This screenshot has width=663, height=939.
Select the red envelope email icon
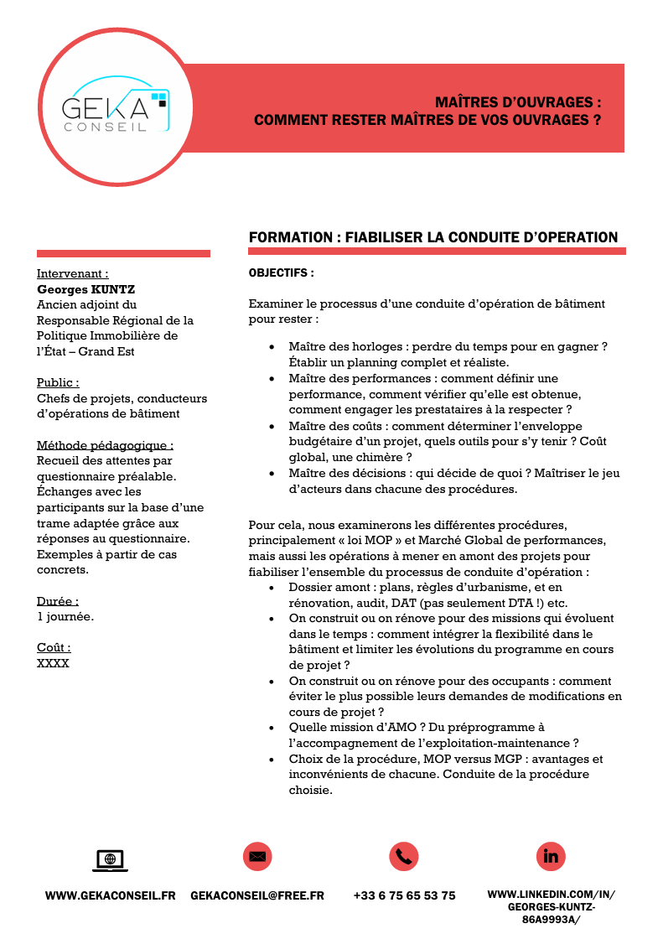click(257, 856)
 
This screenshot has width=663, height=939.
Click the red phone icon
click(404, 856)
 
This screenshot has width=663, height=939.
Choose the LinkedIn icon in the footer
click(551, 856)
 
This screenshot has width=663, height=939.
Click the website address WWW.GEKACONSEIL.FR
click(110, 895)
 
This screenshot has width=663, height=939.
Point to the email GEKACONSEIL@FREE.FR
click(257, 895)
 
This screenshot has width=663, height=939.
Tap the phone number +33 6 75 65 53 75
click(404, 895)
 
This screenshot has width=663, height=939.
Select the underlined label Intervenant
click(72, 273)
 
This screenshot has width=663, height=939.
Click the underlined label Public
click(58, 382)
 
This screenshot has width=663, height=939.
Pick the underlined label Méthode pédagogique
click(106, 444)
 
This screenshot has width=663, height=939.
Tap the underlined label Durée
click(58, 601)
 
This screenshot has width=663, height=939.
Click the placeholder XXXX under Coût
click(53, 663)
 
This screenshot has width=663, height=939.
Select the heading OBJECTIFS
click(282, 273)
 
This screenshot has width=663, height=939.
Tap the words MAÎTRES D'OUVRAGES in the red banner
click(518, 102)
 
